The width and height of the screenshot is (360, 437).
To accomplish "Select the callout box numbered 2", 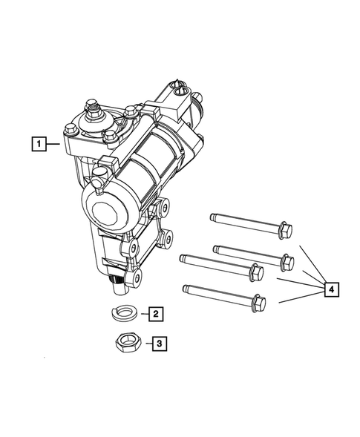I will (154, 315).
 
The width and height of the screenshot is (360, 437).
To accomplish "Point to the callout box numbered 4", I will (333, 289).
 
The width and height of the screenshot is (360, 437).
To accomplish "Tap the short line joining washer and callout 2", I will (140, 315).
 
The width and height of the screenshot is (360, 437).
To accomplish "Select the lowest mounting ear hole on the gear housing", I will (134, 278).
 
